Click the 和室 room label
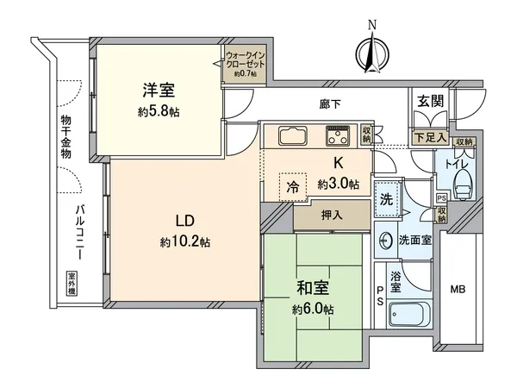[313, 287]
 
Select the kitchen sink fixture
[291, 136]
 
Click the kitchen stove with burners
[337, 135]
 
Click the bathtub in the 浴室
[409, 314]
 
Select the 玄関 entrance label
[430, 102]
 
